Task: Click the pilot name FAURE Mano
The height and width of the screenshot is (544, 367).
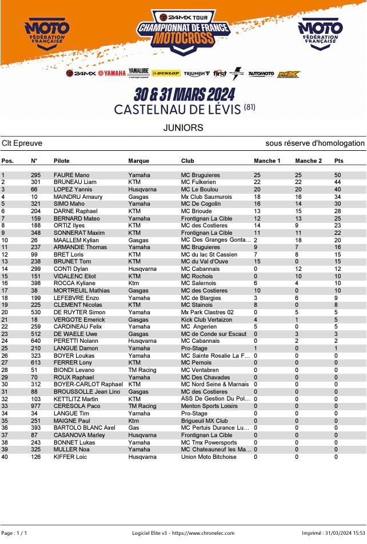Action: click(x=71, y=175)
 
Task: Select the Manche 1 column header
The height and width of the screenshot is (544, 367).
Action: click(x=267, y=161)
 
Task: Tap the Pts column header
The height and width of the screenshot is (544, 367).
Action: click(x=339, y=161)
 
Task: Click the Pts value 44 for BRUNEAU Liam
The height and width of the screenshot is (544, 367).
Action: click(x=337, y=182)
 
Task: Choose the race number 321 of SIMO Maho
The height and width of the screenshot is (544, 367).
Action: click(x=35, y=203)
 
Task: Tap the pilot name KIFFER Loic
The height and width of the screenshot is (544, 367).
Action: click(x=70, y=457)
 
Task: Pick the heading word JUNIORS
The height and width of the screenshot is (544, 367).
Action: click(x=183, y=127)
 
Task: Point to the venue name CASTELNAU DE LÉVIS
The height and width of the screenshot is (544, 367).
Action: click(x=178, y=109)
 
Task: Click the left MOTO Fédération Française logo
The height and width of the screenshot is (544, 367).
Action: click(x=47, y=34)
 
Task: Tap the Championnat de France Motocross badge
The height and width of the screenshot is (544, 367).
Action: click(x=183, y=31)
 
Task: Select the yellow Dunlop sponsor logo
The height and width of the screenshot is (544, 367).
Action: click(x=166, y=73)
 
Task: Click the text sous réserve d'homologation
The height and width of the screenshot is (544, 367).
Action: click(x=314, y=143)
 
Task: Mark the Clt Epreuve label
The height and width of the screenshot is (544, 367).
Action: click(x=22, y=143)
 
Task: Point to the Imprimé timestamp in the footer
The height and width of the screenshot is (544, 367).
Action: click(x=333, y=533)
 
